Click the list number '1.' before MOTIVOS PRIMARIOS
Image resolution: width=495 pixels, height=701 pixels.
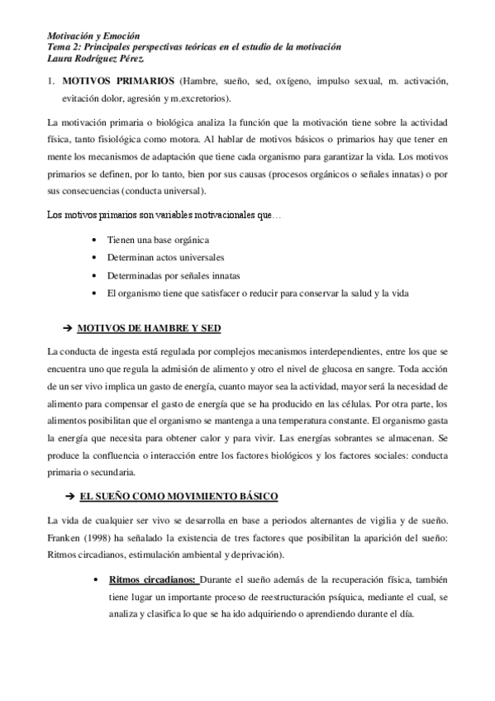click(x=50, y=83)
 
